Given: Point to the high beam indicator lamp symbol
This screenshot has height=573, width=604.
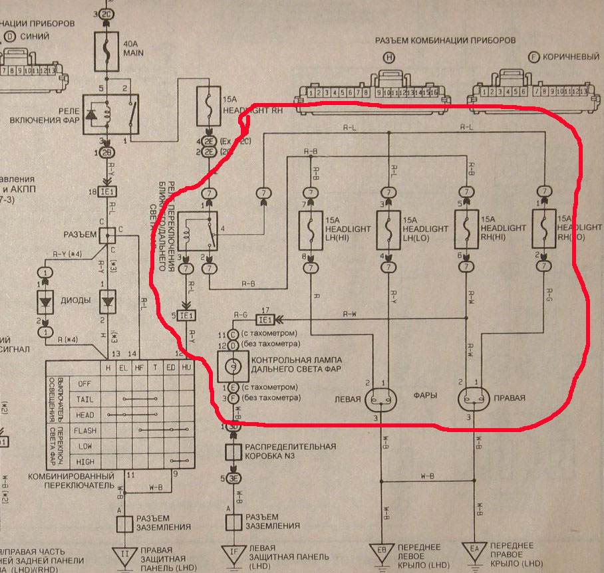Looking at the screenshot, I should point(233,366).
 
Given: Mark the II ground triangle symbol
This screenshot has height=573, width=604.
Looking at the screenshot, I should point(124,551).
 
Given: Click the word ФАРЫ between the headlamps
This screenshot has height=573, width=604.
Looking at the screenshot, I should point(426,396).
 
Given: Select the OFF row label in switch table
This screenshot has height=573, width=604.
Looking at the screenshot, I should point(84,384).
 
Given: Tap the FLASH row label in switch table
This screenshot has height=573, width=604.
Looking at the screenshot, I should point(84,431).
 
